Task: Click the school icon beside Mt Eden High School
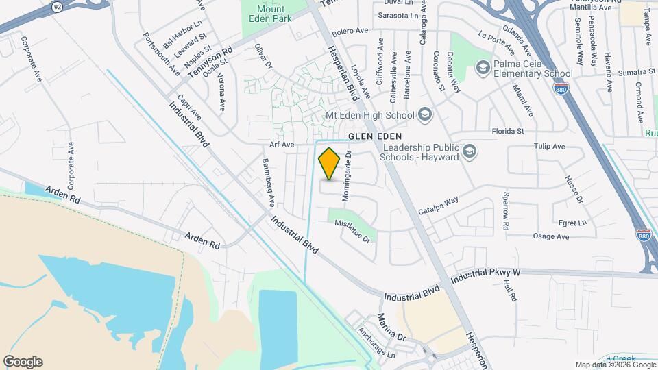point(424,114)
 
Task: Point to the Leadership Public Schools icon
point(470,151)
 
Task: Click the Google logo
point(23,362)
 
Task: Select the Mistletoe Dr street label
point(356,235)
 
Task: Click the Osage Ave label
point(551,236)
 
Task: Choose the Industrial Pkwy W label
point(486,273)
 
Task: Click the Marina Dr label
point(391,328)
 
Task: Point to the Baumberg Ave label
point(268,184)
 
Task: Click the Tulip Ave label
point(549,147)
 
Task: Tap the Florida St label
point(508,130)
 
